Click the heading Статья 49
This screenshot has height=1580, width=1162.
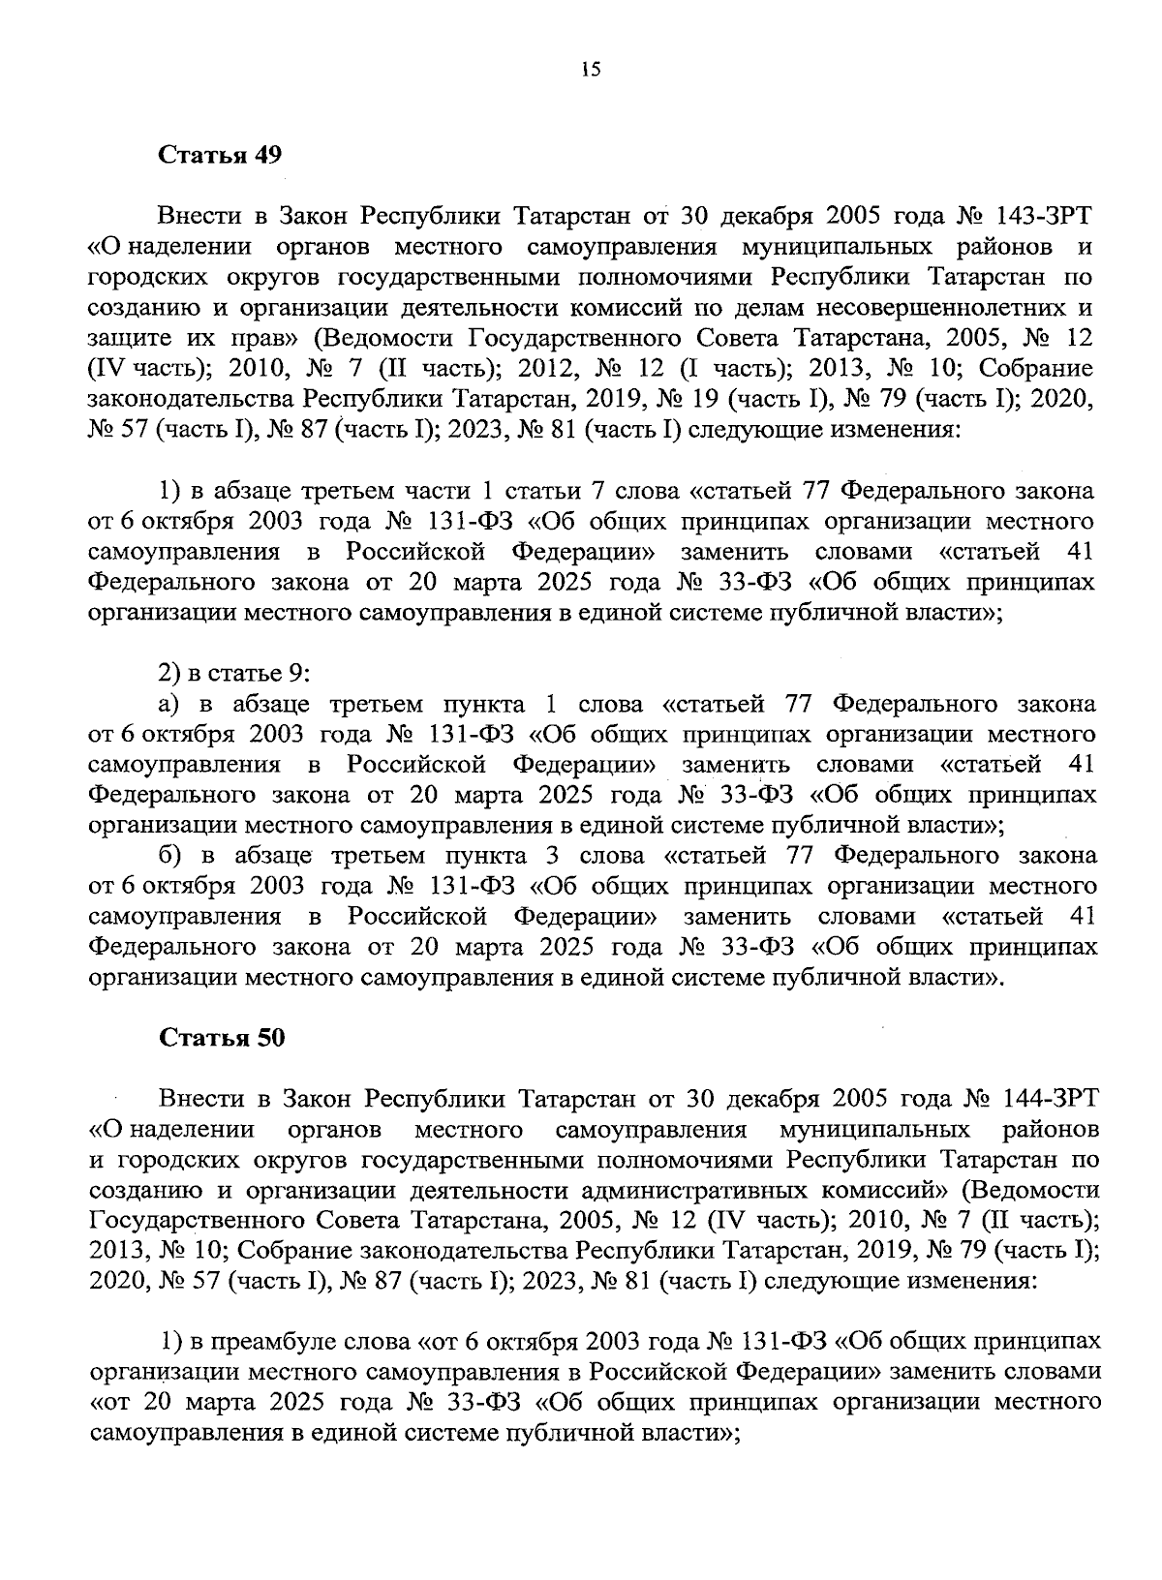(221, 156)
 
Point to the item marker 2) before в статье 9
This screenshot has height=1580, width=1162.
(169, 673)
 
